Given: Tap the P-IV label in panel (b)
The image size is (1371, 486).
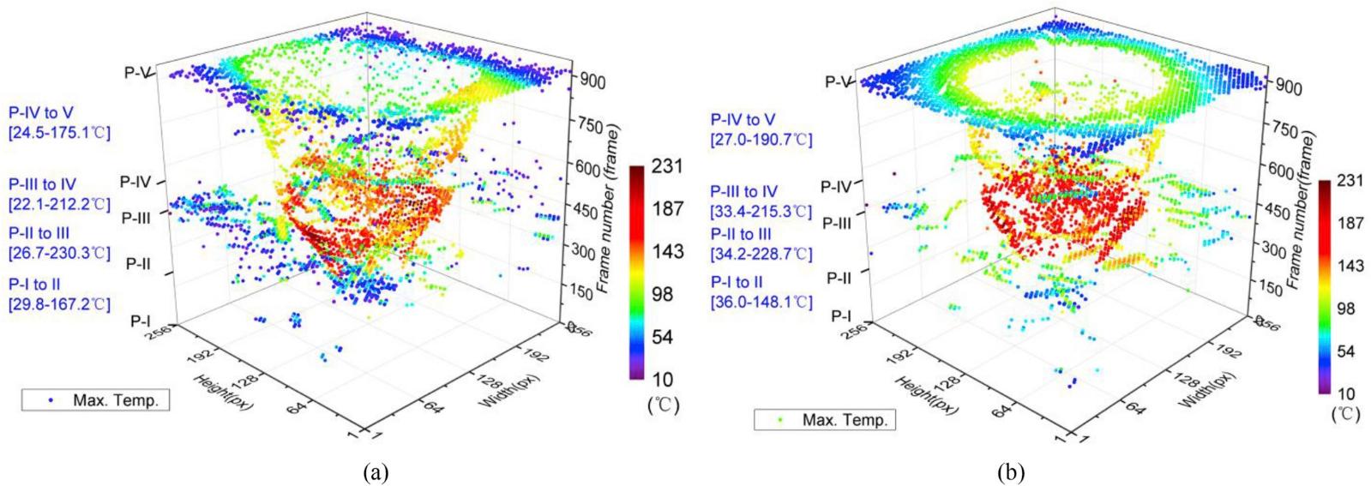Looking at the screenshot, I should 836,186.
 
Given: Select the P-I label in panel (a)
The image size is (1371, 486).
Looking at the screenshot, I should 141,320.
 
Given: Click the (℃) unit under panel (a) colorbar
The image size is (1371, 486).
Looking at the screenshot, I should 663,405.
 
